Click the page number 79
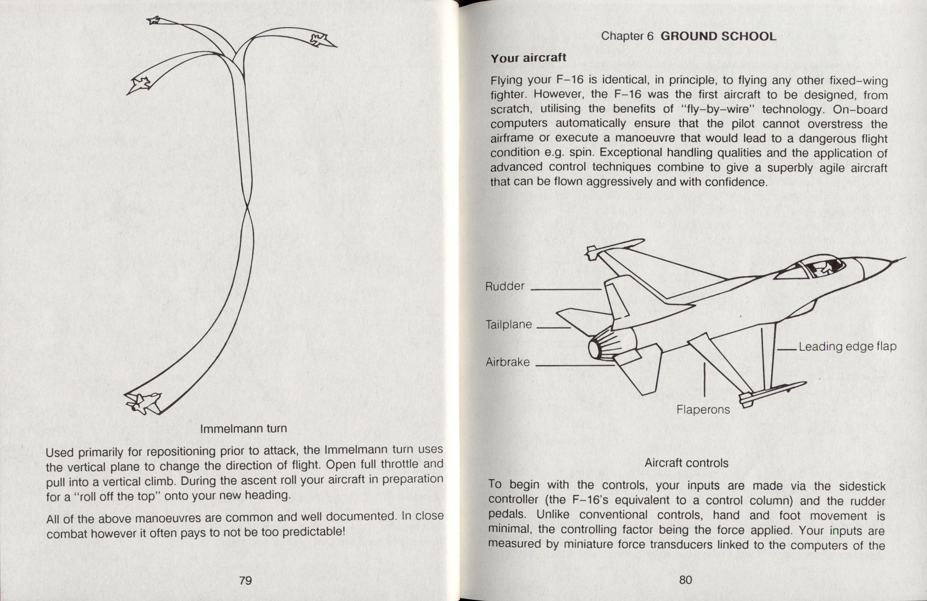[x=245, y=580]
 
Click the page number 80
[x=685, y=580]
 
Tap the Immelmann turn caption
[x=244, y=429]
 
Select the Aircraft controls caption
[x=686, y=463]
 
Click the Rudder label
[x=505, y=287]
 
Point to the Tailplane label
[x=509, y=324]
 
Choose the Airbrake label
[x=507, y=362]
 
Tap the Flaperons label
[x=703, y=409]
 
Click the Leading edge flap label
[x=847, y=347]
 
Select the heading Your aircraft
[x=528, y=58]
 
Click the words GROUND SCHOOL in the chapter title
[x=719, y=36]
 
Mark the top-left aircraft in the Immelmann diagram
[x=155, y=20]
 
